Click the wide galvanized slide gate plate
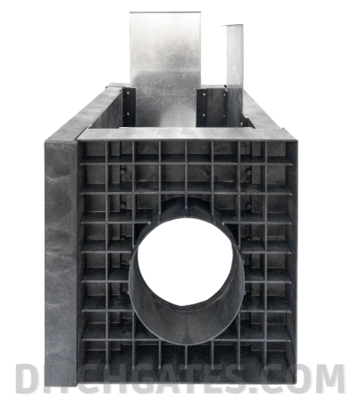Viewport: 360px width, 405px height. click(x=165, y=69)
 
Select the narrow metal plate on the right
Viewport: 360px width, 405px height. click(x=235, y=72)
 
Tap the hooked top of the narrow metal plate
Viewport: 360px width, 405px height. click(x=232, y=26)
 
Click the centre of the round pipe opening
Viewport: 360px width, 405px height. click(x=185, y=262)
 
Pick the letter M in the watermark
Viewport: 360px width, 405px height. click(x=329, y=378)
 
